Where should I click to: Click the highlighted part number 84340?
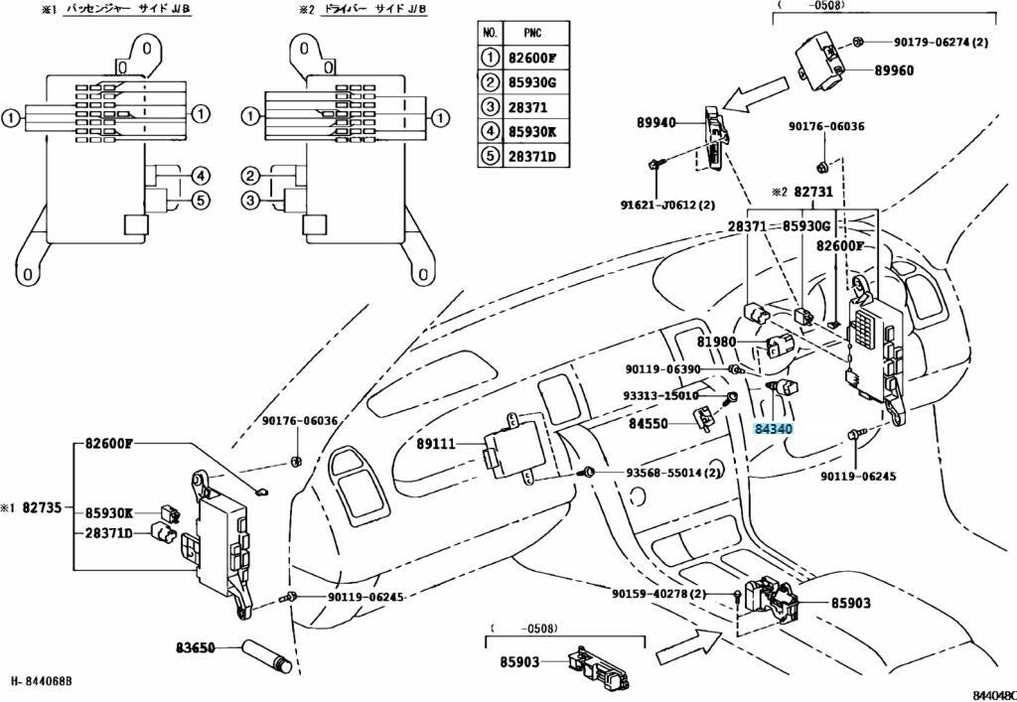pyautogui.click(x=773, y=429)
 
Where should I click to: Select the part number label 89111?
pyautogui.click(x=435, y=445)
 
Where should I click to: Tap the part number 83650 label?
pyautogui.click(x=196, y=648)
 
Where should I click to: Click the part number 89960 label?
pyautogui.click(x=894, y=70)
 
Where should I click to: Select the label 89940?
pyautogui.click(x=655, y=123)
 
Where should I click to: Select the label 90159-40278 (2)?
pyautogui.click(x=658, y=594)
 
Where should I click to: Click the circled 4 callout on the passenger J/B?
pyautogui.click(x=200, y=177)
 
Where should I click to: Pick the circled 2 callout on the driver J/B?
pyautogui.click(x=249, y=177)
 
